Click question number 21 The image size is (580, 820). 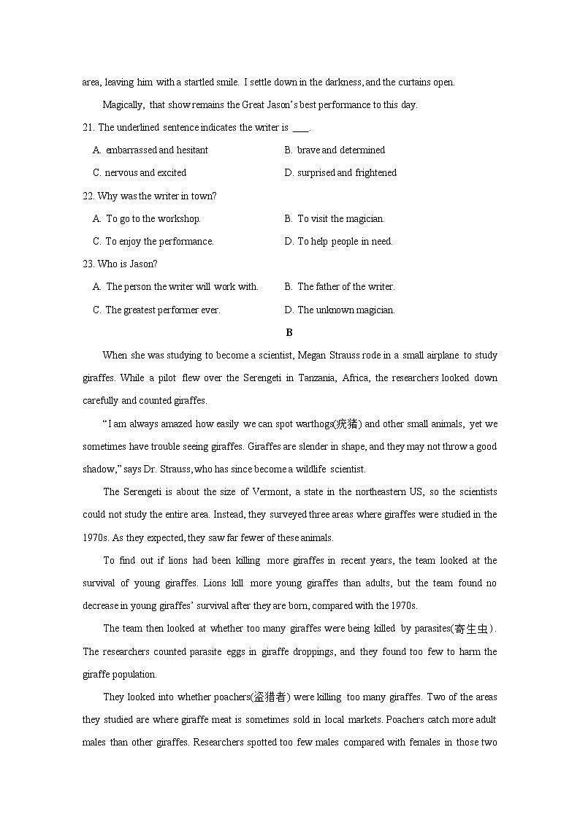88,128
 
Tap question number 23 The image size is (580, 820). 88,264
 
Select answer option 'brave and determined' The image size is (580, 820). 340,150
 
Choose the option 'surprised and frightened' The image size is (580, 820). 346,173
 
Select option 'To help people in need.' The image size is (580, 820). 345,242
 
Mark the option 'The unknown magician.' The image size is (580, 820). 346,310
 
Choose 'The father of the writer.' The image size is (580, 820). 346,287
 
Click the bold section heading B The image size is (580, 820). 289,333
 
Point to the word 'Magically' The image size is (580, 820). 123,105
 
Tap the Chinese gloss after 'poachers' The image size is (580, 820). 270,697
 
